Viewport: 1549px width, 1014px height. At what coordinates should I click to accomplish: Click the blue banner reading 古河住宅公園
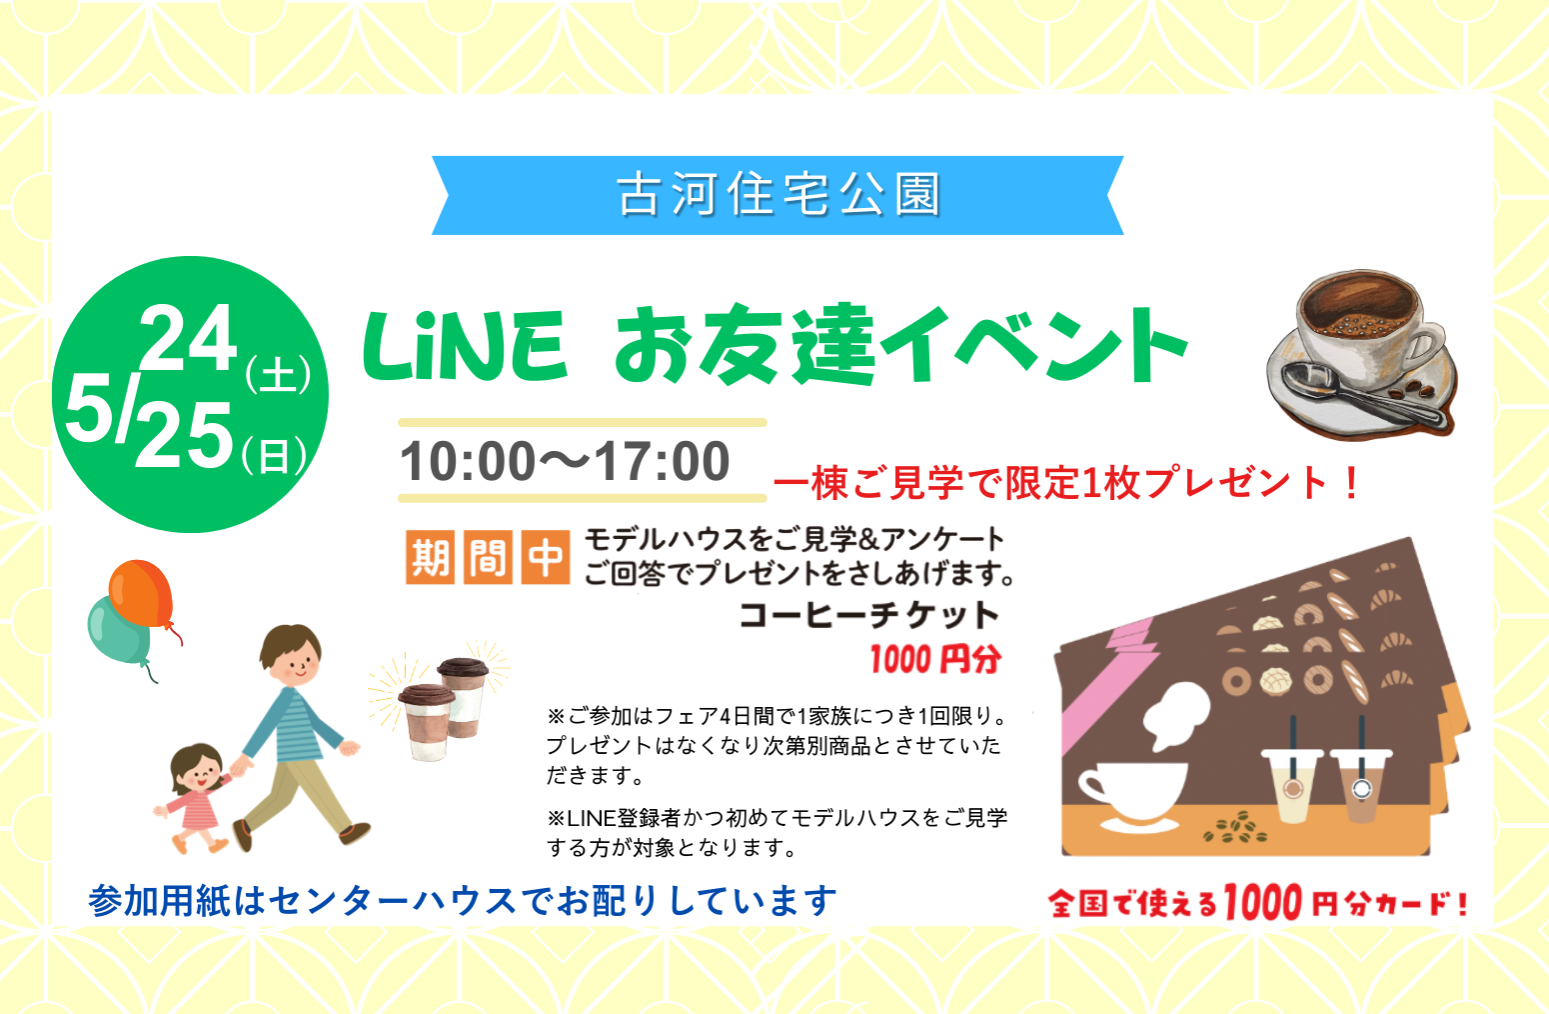click(777, 195)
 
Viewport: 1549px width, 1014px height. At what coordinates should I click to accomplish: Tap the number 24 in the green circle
click(188, 338)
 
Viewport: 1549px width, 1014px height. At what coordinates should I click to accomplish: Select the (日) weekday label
click(275, 455)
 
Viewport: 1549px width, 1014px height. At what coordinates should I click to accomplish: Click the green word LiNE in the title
click(465, 345)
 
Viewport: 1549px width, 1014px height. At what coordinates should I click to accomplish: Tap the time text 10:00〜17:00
click(565, 461)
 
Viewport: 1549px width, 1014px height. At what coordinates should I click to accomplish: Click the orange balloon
click(143, 595)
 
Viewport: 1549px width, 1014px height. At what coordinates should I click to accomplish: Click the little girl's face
click(199, 772)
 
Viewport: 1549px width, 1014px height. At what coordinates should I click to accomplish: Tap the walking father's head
click(291, 655)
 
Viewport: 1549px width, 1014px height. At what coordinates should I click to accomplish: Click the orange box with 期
click(430, 557)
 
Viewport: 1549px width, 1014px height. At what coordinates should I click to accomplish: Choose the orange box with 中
click(545, 557)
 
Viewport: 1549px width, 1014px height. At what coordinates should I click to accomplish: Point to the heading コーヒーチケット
click(869, 615)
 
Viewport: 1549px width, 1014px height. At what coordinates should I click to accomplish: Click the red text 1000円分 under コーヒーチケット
click(935, 659)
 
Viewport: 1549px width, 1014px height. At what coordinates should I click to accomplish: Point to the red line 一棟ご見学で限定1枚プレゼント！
click(1066, 483)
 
